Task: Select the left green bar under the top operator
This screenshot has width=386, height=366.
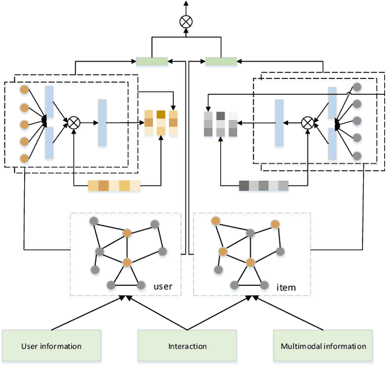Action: (x=151, y=61)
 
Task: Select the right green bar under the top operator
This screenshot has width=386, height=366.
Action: (x=221, y=61)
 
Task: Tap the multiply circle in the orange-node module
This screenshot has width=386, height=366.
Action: (x=74, y=122)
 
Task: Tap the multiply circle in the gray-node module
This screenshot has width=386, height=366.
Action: (x=308, y=122)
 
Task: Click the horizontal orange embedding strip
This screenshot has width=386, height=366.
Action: (x=114, y=186)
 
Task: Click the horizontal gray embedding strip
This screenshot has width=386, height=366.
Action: (x=264, y=186)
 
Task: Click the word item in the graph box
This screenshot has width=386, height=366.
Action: (x=286, y=288)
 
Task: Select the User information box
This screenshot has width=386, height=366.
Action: (x=51, y=346)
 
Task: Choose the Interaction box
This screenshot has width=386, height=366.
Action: (x=187, y=346)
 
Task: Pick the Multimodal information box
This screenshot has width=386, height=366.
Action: (x=323, y=346)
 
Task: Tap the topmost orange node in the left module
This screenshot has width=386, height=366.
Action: (x=24, y=90)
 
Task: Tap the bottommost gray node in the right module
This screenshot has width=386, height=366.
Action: (x=357, y=156)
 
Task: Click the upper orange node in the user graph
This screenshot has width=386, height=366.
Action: (x=127, y=232)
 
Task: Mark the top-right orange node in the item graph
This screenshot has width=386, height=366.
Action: (x=275, y=224)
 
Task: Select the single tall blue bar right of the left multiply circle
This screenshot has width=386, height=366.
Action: (x=102, y=122)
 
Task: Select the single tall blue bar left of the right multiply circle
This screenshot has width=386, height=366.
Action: (x=279, y=123)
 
